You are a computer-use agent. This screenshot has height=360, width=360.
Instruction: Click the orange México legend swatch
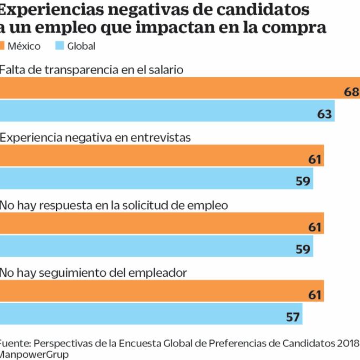pos(2,46)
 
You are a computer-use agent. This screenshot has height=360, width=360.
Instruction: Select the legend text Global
pos(81,46)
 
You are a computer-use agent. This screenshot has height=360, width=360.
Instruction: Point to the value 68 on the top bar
pos(351,92)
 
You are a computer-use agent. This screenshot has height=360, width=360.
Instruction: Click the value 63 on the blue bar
pos(324,114)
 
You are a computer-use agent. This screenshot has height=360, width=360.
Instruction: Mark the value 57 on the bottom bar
pos(292,317)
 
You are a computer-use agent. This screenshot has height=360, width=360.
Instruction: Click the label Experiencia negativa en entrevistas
pos(96,137)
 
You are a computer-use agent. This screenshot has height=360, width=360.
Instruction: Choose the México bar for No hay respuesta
pos(162,223)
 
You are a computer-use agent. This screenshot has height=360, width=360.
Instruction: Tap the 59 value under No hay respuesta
pos(303,249)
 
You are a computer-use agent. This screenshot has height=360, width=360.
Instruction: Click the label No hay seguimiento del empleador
pos(94,273)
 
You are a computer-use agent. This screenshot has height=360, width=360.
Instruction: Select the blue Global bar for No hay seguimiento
pos(151,313)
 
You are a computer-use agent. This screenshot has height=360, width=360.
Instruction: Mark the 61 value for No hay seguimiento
pos(315,295)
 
